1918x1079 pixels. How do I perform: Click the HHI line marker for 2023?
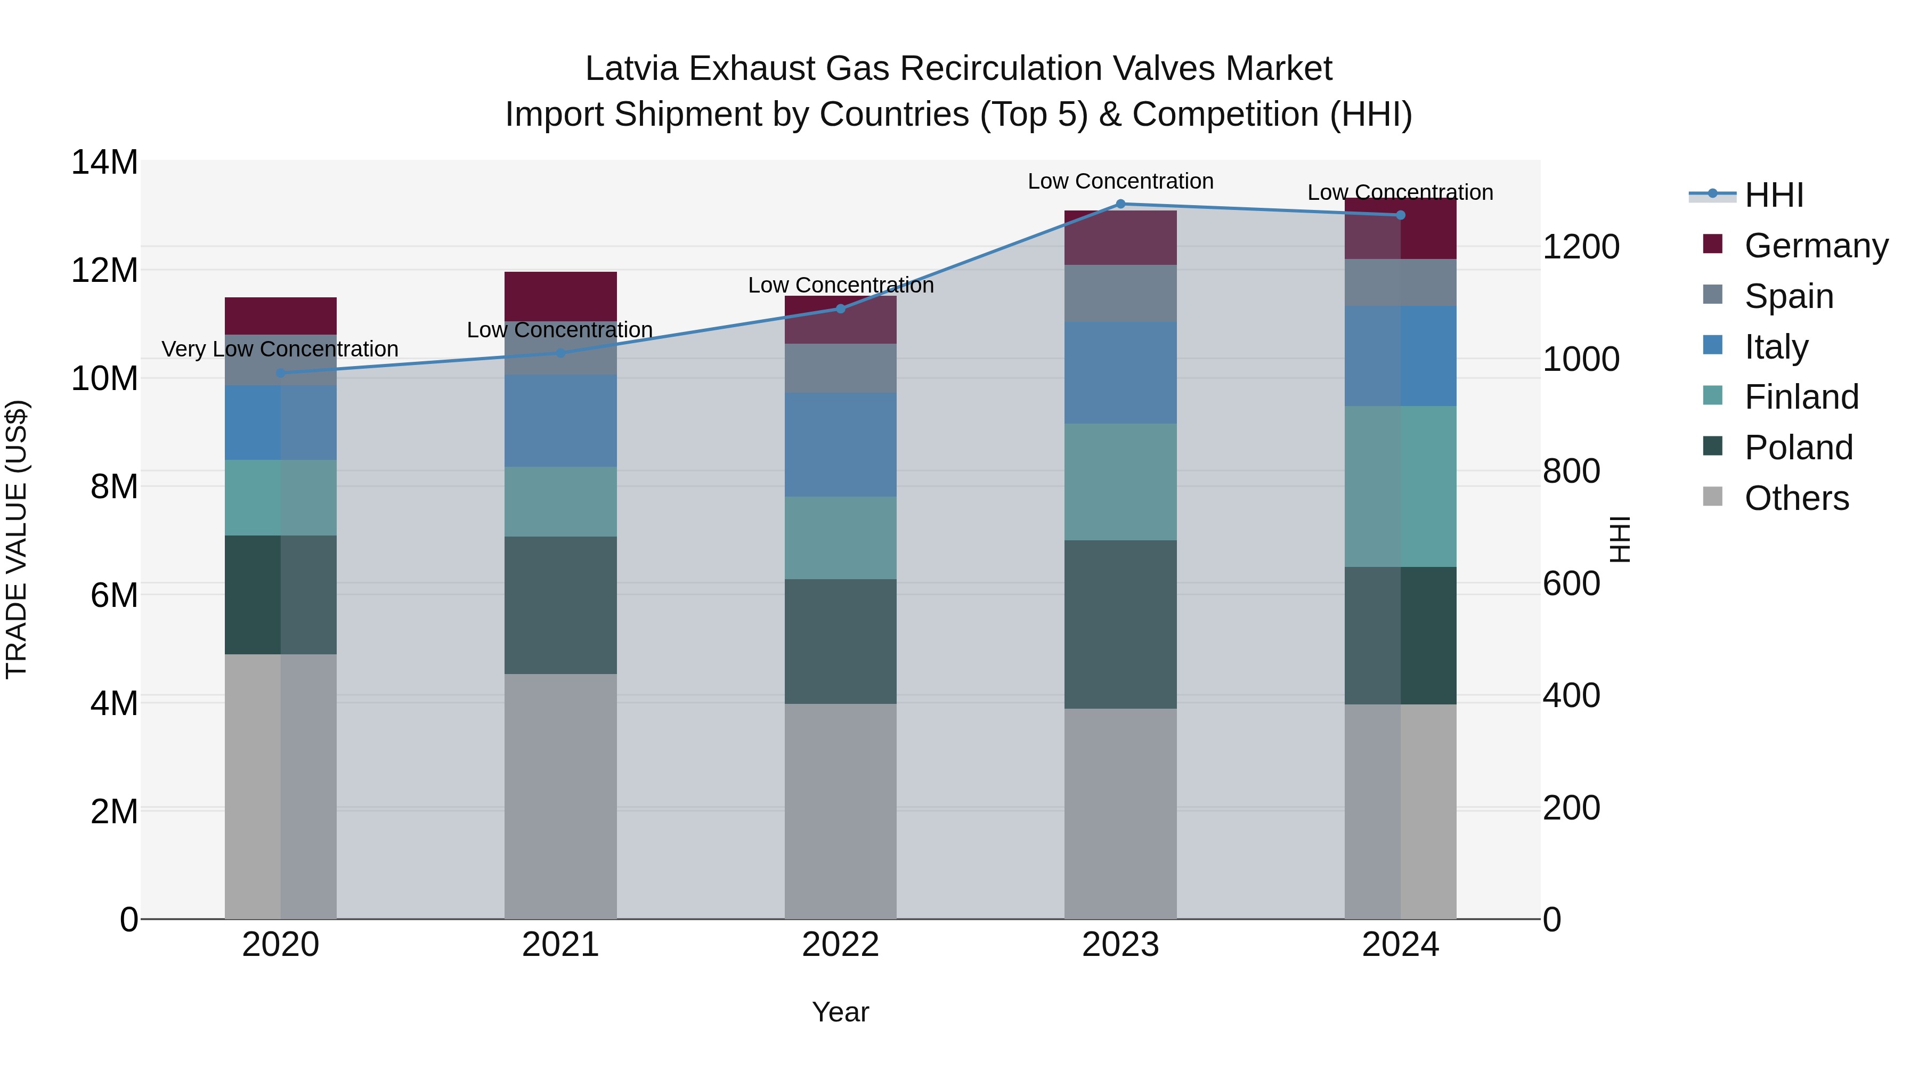pos(1120,204)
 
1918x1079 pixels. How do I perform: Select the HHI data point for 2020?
pos(281,373)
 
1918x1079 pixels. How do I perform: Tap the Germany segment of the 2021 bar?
pos(560,296)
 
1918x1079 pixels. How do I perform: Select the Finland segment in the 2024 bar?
pos(1400,486)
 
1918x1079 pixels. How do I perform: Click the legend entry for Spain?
pos(1789,296)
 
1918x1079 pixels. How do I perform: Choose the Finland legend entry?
pos(1801,397)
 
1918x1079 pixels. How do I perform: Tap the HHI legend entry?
pos(1774,195)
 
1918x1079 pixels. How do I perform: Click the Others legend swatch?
pos(1712,497)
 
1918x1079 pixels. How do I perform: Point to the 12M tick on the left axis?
pos(104,270)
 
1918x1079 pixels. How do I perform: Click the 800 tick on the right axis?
pos(1571,472)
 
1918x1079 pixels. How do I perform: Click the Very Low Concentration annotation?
pos(280,348)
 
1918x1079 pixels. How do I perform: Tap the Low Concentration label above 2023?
pos(1120,181)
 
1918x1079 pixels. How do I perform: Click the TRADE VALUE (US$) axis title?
pos(17,539)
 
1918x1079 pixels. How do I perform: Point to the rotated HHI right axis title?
pos(1620,539)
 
